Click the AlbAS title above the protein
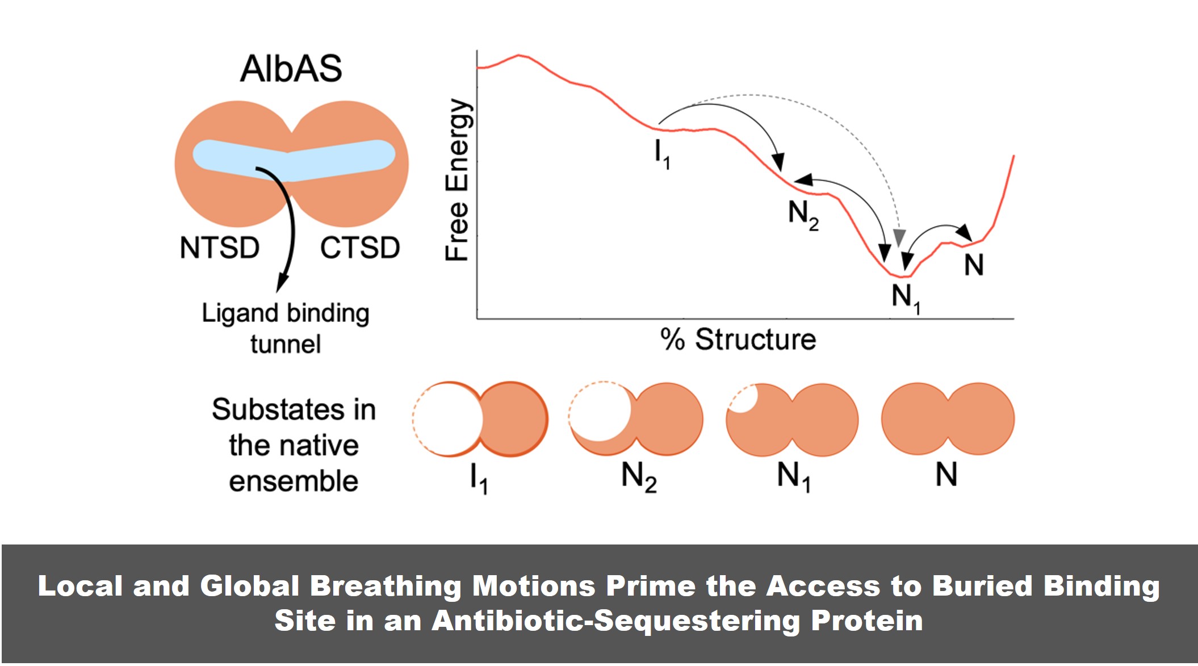pyautogui.click(x=291, y=69)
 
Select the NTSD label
pyautogui.click(x=219, y=248)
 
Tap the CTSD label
pyautogui.click(x=360, y=248)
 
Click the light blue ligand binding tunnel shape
pyautogui.click(x=294, y=161)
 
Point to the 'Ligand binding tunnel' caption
pyautogui.click(x=286, y=328)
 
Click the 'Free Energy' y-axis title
pyautogui.click(x=457, y=180)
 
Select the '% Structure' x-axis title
pyautogui.click(x=738, y=339)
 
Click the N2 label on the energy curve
pyautogui.click(x=803, y=215)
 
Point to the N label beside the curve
pyautogui.click(x=974, y=265)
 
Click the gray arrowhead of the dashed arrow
pyautogui.click(x=899, y=237)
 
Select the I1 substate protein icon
pyautogui.click(x=480, y=419)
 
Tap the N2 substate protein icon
pyautogui.click(x=636, y=419)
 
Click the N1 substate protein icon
pyautogui.click(x=792, y=419)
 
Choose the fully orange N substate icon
pyautogui.click(x=948, y=419)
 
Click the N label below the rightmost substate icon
pyautogui.click(x=946, y=474)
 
